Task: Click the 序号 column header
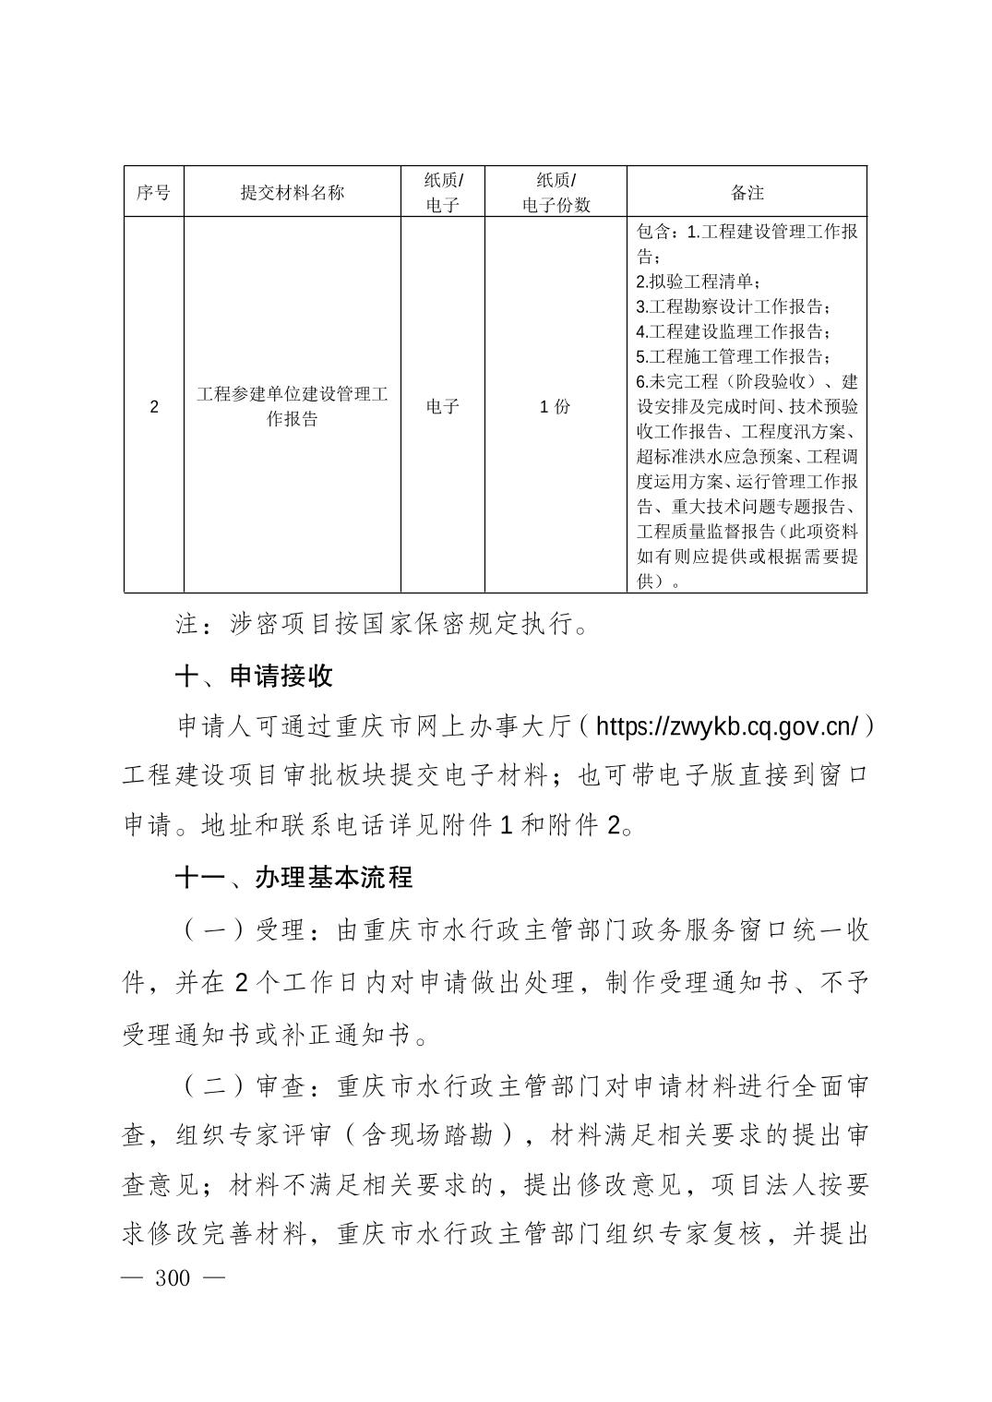pos(153,192)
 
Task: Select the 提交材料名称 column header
pos(292,192)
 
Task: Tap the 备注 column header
pos(747,192)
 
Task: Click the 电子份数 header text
pos(556,205)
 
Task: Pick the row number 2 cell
pos(153,406)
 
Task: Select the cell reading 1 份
pos(556,406)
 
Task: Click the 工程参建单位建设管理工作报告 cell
pos(292,406)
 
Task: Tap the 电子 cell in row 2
pos(443,406)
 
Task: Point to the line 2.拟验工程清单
pos(699,282)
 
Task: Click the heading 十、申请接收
pos(254,677)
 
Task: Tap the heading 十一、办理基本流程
pos(293,877)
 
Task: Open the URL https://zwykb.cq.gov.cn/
pos(728,727)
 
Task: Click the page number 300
pos(173,1277)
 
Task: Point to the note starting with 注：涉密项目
pos(382,625)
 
